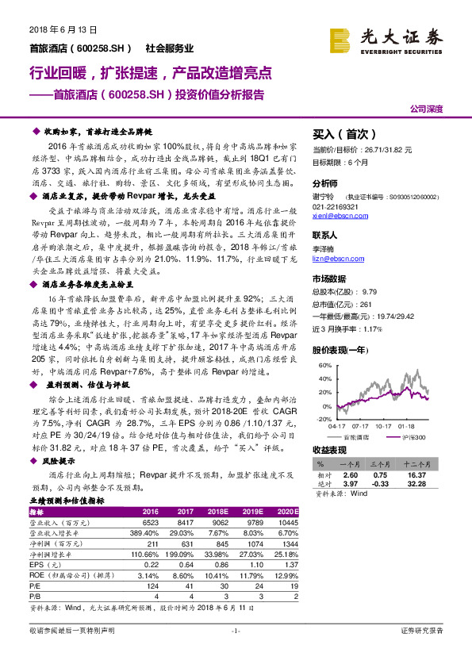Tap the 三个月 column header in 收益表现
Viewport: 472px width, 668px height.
[x=384, y=463]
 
